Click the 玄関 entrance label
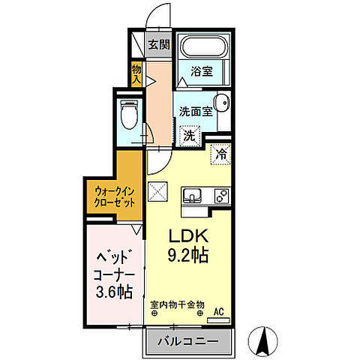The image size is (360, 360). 158,44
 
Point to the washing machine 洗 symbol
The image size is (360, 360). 190,136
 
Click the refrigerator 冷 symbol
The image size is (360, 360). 221,154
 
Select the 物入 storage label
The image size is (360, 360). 136,72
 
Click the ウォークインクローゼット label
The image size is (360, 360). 115,196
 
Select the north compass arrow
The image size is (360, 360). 263,341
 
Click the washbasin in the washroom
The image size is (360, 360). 221,104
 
